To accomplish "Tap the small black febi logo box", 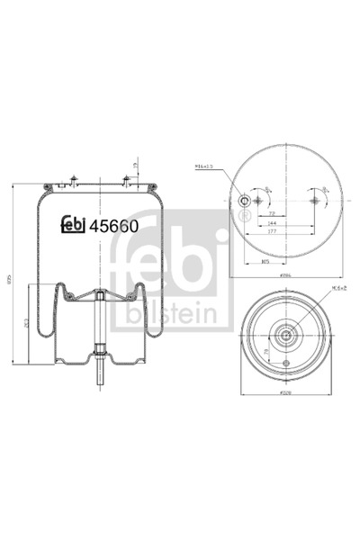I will click(73, 228).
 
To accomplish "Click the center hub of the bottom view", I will click(285, 337).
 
